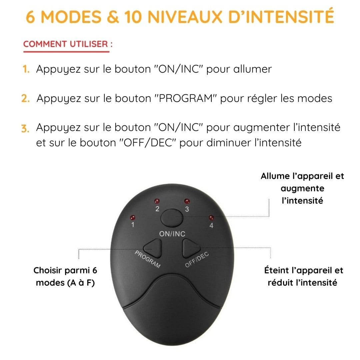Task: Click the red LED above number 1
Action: (x=133, y=217)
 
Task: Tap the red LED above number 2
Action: (x=157, y=201)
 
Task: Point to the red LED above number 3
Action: (x=187, y=201)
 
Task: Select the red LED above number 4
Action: (x=211, y=217)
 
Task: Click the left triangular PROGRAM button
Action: (x=153, y=248)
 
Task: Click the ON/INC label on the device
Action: (x=172, y=234)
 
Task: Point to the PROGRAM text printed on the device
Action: (x=147, y=259)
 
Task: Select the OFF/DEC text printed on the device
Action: (x=197, y=260)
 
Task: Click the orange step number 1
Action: (x=26, y=69)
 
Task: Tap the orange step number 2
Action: (x=25, y=98)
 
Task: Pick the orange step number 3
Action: (x=25, y=128)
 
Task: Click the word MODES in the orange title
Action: (x=71, y=17)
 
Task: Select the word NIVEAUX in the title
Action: (x=185, y=17)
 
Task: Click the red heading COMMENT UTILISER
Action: (x=68, y=44)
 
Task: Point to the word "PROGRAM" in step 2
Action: (x=186, y=98)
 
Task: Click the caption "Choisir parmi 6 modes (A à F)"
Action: (x=65, y=277)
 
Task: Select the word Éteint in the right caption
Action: (x=277, y=270)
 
